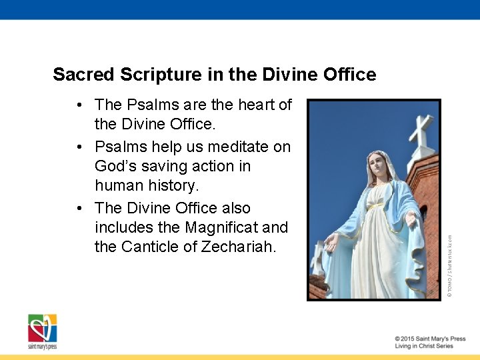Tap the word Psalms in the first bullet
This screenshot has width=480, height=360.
[x=149, y=105]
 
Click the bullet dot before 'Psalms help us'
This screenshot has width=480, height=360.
[x=79, y=147]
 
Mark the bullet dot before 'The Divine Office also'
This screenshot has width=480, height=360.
[x=79, y=208]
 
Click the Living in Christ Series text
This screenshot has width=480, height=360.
[x=424, y=347]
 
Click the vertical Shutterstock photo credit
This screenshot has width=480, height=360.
[x=450, y=261]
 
